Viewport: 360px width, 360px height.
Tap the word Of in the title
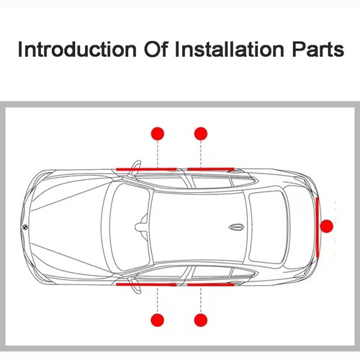point(144,50)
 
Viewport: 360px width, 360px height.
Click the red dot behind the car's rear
point(327,226)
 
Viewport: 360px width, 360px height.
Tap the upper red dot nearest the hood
point(158,132)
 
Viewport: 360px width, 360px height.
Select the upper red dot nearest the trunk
point(201,132)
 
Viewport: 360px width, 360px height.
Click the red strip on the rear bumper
point(316,225)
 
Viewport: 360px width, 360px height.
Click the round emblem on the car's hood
point(24,226)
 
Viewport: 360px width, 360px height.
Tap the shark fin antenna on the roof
point(235,225)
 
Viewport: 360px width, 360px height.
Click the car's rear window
point(270,225)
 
